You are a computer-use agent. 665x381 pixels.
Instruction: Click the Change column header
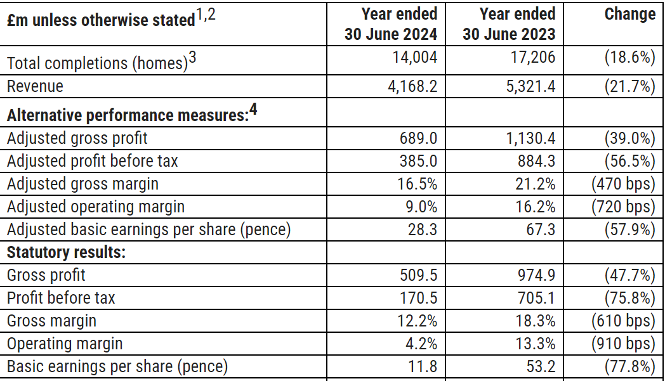coord(629,15)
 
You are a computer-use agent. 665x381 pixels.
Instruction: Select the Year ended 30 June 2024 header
coord(391,23)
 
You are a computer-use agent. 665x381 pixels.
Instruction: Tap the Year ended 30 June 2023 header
coord(509,23)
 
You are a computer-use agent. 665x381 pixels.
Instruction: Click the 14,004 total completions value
coord(414,58)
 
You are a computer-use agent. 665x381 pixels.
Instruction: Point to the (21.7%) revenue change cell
coord(629,86)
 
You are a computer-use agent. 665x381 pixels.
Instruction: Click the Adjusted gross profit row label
coord(77,138)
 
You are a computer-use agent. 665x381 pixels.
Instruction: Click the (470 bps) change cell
coord(622,184)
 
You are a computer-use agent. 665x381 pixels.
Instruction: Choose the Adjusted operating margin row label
coord(96,207)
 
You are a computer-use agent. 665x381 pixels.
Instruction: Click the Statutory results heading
coord(66,252)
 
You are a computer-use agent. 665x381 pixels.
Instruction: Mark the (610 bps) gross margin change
coord(622,321)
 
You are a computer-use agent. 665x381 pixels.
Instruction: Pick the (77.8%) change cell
coord(629,366)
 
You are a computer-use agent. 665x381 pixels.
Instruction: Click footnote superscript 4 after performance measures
coord(253,110)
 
